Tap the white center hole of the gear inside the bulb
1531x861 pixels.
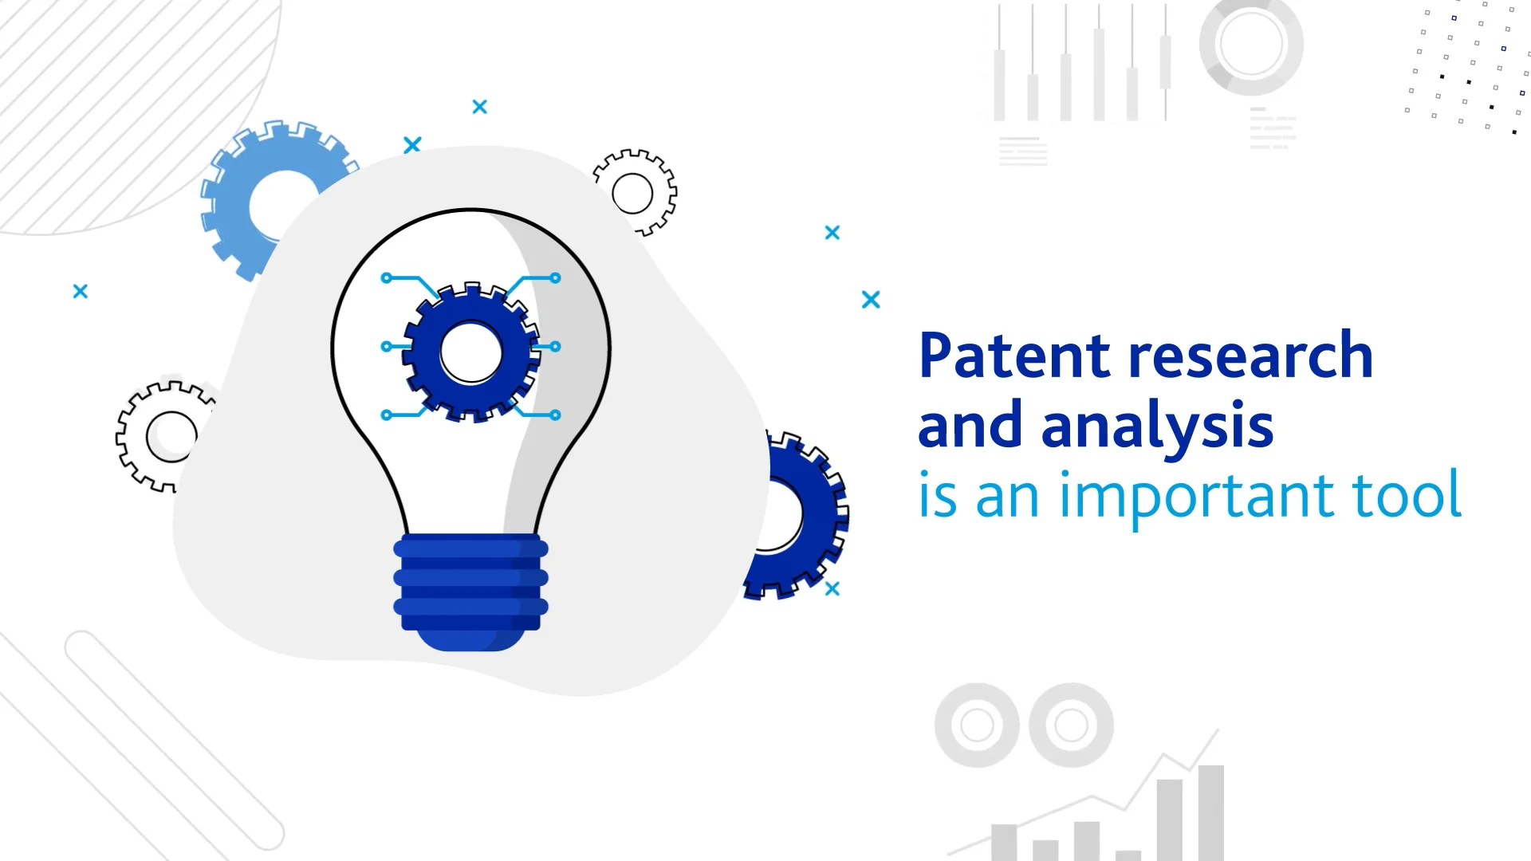pyautogui.click(x=471, y=352)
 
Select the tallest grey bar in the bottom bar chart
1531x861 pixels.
pyautogui.click(x=1210, y=813)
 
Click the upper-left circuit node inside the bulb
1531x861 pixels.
pyautogui.click(x=387, y=278)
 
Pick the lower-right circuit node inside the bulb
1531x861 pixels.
pyautogui.click(x=555, y=415)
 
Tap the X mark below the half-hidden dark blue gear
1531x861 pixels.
pyautogui.click(x=832, y=589)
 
